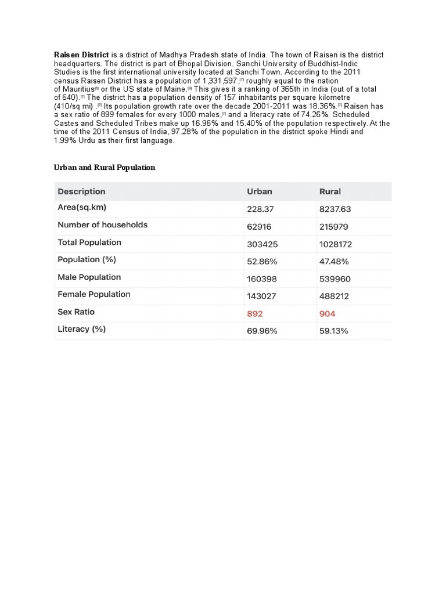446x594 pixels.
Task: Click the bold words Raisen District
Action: [81, 55]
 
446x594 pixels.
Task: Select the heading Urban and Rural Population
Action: [105, 167]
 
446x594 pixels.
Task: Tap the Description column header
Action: [81, 191]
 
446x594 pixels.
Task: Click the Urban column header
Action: [260, 191]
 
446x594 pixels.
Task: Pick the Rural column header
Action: [330, 191]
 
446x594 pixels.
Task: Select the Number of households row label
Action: [102, 225]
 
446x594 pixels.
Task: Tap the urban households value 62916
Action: [260, 226]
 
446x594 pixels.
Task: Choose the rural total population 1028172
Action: [336, 244]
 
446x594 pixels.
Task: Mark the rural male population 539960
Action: [335, 279]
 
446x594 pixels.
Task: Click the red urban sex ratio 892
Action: [255, 314]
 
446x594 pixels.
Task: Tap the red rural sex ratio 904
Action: [328, 314]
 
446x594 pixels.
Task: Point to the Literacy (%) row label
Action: [81, 329]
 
